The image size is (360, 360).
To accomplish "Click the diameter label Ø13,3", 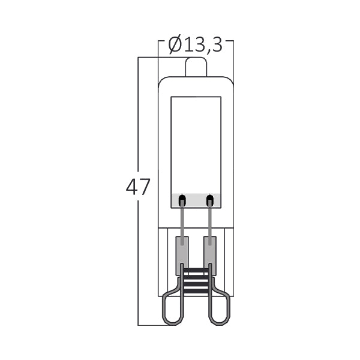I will click(x=195, y=44).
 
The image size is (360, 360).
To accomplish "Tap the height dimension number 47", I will click(x=138, y=188).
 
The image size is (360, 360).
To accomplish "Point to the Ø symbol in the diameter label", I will click(x=176, y=44).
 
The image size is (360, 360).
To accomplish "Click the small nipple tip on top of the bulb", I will click(x=195, y=66).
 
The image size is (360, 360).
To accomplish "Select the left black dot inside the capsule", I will click(x=182, y=200).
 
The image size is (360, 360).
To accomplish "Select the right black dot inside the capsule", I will click(x=209, y=200).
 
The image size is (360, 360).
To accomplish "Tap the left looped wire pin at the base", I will click(x=172, y=306).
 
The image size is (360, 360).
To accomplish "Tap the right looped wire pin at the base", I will click(x=220, y=306).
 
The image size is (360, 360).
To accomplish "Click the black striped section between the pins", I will click(x=196, y=281).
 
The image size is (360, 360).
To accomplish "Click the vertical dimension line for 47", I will click(x=139, y=120).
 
